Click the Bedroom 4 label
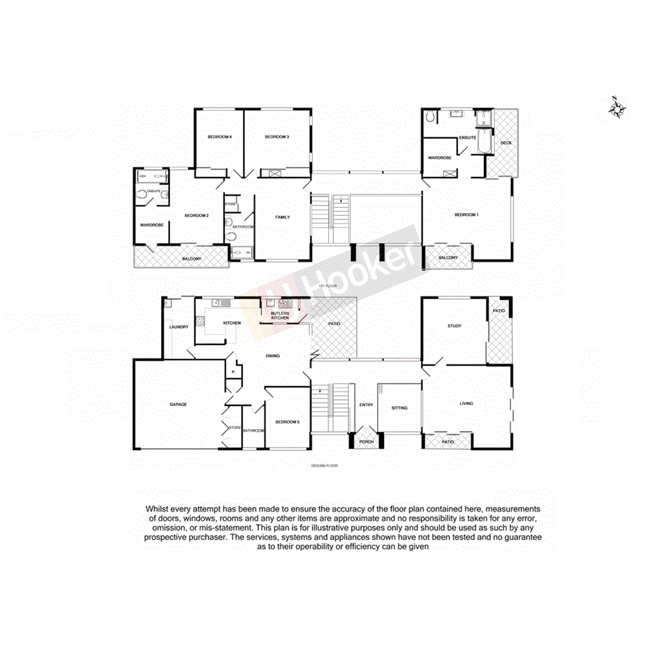click(219, 137)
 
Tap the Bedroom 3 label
click(276, 137)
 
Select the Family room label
click(283, 217)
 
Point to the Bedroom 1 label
click(467, 215)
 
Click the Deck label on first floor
click(505, 143)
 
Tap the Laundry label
click(179, 327)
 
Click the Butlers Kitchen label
click(280, 314)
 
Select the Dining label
click(273, 356)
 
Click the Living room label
click(467, 403)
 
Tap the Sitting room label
click(399, 407)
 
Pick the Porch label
click(366, 442)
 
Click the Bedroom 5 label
click(287, 422)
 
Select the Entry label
click(366, 405)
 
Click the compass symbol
click(615, 108)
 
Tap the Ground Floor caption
click(323, 465)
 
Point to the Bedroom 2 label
click(196, 216)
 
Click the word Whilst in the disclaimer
click(159, 509)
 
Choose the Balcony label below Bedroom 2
click(192, 259)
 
